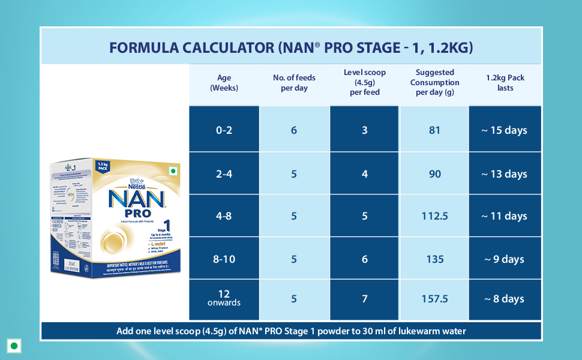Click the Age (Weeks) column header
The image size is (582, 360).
click(224, 83)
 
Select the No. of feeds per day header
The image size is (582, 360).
click(294, 83)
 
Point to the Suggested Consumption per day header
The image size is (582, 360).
click(435, 82)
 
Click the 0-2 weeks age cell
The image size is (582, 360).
click(224, 130)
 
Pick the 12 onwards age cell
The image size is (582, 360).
click(224, 298)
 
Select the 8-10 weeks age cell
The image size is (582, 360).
click(224, 259)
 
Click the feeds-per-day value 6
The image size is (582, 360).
click(294, 130)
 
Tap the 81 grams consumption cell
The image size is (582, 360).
click(435, 130)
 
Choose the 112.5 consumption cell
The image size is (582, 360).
click(435, 216)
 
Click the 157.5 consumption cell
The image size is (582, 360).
click(435, 299)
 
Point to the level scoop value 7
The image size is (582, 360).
click(365, 299)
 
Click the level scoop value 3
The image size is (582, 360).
click(365, 130)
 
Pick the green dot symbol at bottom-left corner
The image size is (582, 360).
click(14, 346)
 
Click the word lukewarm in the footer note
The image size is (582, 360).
click(409, 331)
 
